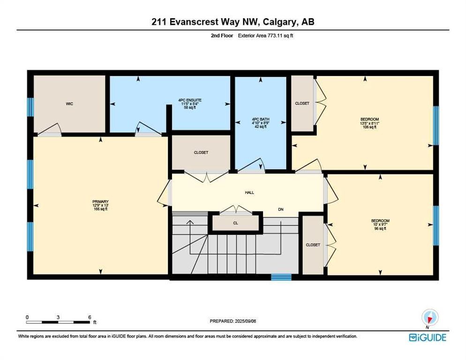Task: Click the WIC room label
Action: (69, 104)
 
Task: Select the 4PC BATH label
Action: (260, 122)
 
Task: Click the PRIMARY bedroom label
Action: (100, 205)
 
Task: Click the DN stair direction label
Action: (281, 210)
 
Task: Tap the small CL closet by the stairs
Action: (235, 223)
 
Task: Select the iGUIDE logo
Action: (427, 337)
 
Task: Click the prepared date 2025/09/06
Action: (233, 321)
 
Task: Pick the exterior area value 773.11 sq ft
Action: (270, 35)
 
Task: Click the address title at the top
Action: (233, 22)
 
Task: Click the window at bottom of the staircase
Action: (281, 277)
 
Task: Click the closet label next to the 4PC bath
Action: (302, 103)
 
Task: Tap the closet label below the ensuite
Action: (201, 152)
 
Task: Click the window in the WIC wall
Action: (30, 107)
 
